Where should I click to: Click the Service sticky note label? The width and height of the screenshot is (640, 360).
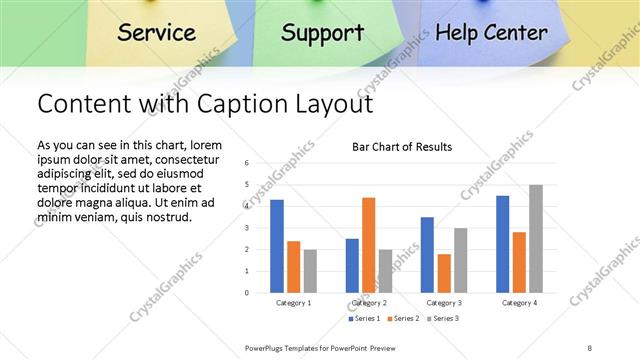point(156,32)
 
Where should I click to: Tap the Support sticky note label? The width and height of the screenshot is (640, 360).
point(322,32)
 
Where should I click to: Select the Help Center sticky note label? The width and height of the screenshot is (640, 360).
point(491,32)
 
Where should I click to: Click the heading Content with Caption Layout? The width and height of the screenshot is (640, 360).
point(205,104)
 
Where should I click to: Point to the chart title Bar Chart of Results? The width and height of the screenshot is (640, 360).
point(402,147)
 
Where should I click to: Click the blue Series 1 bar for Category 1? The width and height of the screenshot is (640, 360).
point(277,246)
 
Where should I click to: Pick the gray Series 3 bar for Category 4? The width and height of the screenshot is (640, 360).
point(536,239)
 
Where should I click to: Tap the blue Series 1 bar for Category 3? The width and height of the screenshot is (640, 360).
point(427,255)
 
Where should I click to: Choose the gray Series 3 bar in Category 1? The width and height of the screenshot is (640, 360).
point(310,271)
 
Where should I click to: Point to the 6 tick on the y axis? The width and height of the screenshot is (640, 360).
point(246,162)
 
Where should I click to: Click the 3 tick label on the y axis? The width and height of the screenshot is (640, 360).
point(246,227)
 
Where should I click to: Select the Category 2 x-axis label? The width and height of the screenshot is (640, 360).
point(368,302)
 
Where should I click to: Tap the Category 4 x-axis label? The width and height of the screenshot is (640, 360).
point(519,302)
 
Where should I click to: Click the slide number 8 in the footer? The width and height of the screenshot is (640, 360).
point(590,347)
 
